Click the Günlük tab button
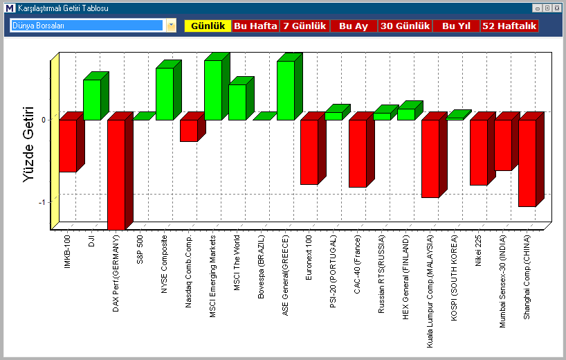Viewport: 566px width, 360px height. click(208, 26)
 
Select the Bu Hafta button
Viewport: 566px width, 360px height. click(255, 26)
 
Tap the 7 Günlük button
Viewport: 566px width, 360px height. click(304, 26)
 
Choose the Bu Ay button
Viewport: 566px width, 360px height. click(354, 26)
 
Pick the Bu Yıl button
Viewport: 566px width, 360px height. click(456, 26)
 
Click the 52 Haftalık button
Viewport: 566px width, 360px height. click(509, 26)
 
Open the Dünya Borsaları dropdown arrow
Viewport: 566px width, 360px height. click(171, 26)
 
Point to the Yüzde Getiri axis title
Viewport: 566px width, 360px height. click(28, 144)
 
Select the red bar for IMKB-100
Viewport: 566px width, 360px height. click(67, 145)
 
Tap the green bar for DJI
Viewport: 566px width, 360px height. click(91, 100)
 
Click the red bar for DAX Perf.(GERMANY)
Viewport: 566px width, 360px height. click(116, 173)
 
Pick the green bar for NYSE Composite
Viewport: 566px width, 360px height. click(164, 94)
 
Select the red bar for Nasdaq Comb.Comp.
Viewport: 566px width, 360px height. click(188, 130)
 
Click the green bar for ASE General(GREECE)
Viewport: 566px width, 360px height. click(285, 90)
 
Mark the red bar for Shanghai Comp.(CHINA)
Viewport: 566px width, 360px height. click(527, 163)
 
